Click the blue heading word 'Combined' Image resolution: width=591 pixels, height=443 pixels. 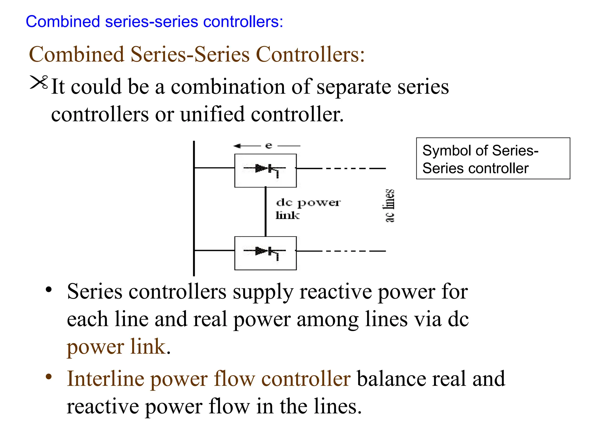(x=63, y=22)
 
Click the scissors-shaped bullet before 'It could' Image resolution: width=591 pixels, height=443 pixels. (x=39, y=82)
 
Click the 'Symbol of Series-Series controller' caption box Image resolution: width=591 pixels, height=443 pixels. (x=493, y=159)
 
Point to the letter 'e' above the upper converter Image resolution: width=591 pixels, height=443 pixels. (x=269, y=145)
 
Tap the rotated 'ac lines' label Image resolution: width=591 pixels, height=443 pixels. (x=389, y=206)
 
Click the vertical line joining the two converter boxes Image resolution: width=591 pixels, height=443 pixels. (x=265, y=211)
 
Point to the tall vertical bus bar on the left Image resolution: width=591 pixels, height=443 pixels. (x=194, y=208)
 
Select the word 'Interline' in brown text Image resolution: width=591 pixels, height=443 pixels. (x=105, y=378)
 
